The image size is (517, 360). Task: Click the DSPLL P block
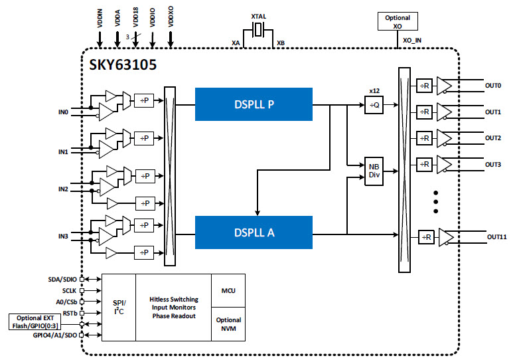(x=254, y=104)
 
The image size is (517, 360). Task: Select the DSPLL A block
(x=254, y=233)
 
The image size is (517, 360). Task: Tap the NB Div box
(x=374, y=171)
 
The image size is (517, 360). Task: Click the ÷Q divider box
(x=374, y=104)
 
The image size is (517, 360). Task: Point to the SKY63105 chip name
(x=123, y=65)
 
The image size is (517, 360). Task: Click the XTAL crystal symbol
(x=259, y=29)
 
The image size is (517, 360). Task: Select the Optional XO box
(x=398, y=21)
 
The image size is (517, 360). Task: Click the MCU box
(x=228, y=290)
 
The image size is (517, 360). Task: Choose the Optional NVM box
(x=228, y=323)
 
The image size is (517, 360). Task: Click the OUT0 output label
(x=492, y=86)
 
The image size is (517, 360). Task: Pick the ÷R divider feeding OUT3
(x=425, y=163)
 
